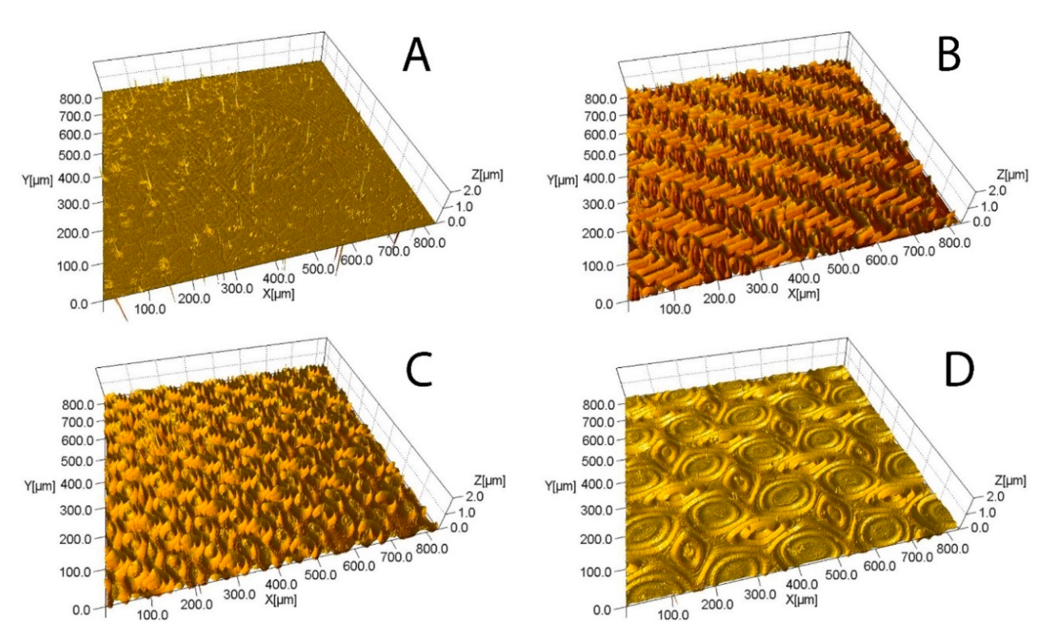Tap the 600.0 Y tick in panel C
click(x=77, y=440)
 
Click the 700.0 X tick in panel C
click(x=397, y=557)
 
